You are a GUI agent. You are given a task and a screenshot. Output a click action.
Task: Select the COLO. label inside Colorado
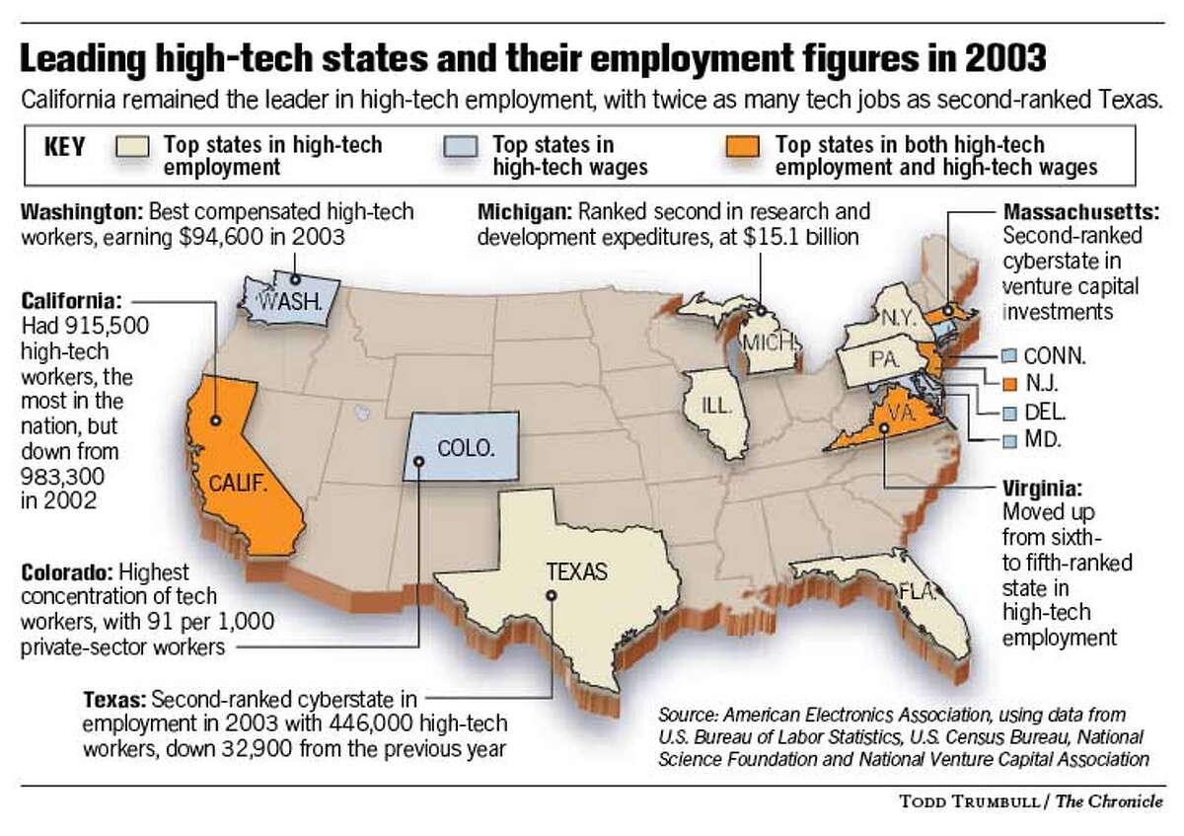coord(464,447)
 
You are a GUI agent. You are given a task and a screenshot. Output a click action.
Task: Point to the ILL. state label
coord(716,404)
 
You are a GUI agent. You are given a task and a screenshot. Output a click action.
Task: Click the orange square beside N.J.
coord(1006,381)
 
